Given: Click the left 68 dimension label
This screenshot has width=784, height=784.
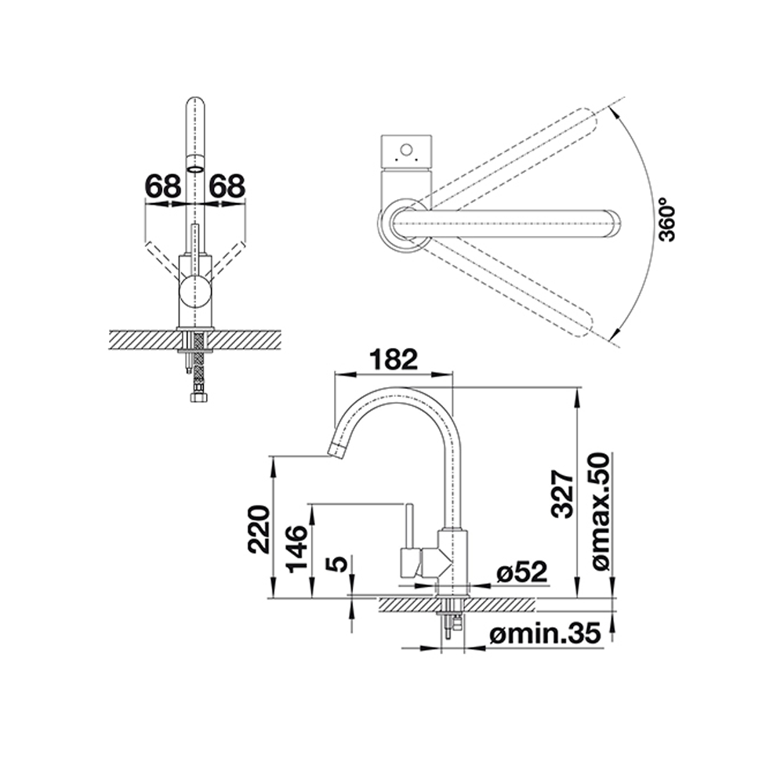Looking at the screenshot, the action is [x=163, y=186].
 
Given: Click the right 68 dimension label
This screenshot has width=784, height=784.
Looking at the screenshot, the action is [x=227, y=186].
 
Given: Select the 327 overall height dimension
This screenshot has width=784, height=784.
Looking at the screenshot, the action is [x=562, y=494].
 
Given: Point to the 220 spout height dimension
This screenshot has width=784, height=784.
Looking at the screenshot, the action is [x=260, y=529].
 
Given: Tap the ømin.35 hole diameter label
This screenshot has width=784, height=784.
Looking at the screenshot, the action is [x=545, y=635].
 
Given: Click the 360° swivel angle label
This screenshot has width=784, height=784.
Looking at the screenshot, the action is [x=667, y=220].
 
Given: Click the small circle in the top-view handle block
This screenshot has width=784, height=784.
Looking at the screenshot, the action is [x=406, y=150].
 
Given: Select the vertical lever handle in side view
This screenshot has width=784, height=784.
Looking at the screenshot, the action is [x=408, y=527].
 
